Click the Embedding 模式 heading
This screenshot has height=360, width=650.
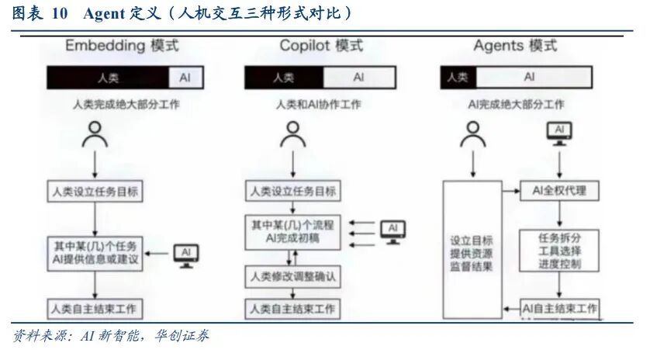pyautogui.click(x=122, y=46)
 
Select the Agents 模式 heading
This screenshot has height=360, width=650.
pyautogui.click(x=515, y=46)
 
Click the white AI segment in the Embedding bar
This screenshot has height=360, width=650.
pyautogui.click(x=184, y=78)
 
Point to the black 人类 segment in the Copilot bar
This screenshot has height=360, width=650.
pyautogui.click(x=283, y=78)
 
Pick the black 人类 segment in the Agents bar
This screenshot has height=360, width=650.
pyautogui.click(x=458, y=78)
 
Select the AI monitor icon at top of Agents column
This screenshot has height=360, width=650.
pyautogui.click(x=559, y=133)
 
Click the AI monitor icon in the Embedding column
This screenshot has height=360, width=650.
pyautogui.click(x=186, y=254)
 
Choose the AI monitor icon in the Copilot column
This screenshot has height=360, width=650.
pyautogui.click(x=392, y=230)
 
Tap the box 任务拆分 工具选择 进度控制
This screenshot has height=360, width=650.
pyautogui.click(x=558, y=251)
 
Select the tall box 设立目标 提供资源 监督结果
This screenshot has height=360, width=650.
pyautogui.click(x=472, y=251)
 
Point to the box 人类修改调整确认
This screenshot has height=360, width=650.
pyautogui.click(x=293, y=276)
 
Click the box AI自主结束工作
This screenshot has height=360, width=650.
pyautogui.click(x=560, y=308)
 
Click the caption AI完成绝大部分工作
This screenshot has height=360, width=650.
pyautogui.click(x=515, y=105)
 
